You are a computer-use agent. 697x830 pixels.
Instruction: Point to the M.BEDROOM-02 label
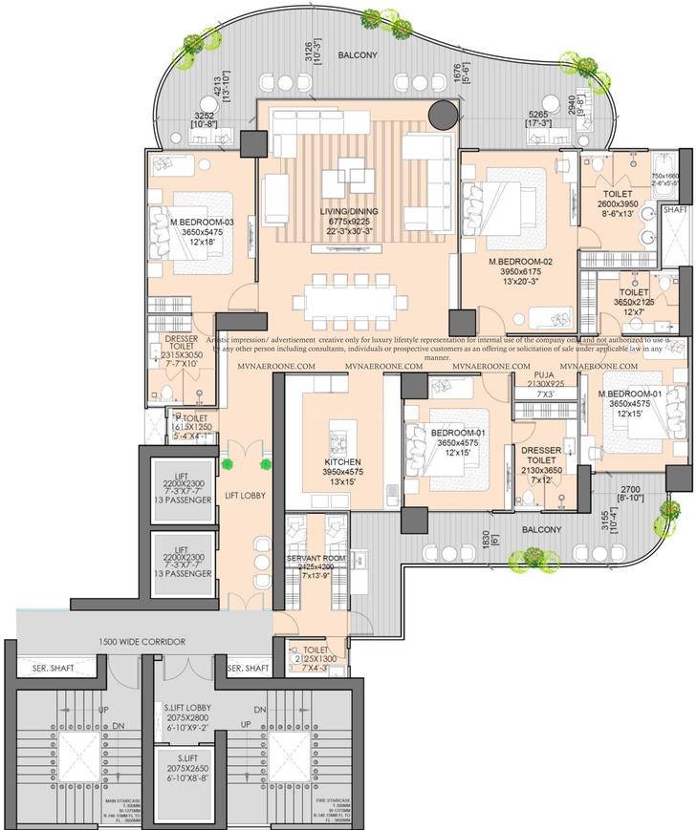[x=521, y=261]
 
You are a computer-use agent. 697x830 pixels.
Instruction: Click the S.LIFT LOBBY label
[x=187, y=708]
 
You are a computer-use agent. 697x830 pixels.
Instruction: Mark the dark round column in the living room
[x=442, y=114]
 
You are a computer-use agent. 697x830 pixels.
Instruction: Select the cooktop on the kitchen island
[x=340, y=439]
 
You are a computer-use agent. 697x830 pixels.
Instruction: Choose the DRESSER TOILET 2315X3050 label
[x=181, y=350]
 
